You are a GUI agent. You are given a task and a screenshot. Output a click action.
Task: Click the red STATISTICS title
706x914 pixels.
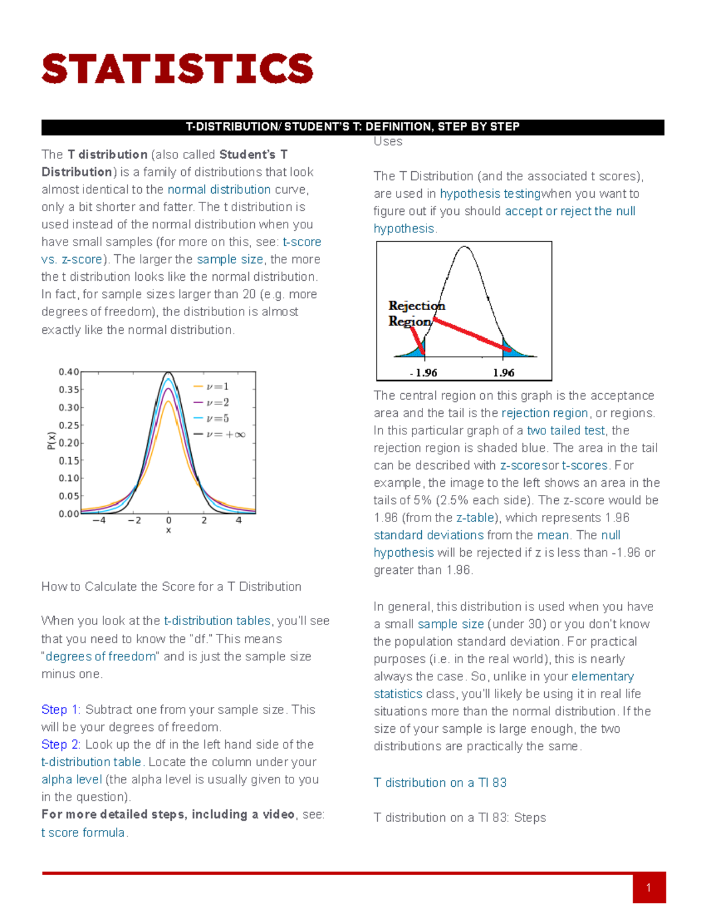177,69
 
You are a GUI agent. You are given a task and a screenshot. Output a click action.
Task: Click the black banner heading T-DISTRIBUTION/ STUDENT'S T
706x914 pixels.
352,127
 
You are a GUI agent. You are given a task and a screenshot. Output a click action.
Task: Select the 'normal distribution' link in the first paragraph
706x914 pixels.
219,190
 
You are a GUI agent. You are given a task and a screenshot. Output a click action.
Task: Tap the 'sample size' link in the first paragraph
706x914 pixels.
229,260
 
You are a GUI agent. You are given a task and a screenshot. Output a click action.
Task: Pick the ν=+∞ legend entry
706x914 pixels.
225,434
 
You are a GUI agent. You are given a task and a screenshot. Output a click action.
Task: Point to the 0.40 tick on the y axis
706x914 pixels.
68,372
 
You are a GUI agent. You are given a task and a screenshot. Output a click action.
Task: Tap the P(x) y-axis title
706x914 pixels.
51,441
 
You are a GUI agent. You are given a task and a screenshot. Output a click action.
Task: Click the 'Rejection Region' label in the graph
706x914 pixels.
415,313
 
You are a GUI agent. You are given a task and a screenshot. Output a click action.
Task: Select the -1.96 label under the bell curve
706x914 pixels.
424,373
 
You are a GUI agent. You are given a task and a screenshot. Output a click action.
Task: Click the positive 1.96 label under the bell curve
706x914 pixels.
504,373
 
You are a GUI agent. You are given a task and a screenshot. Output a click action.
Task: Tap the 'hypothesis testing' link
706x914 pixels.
489,194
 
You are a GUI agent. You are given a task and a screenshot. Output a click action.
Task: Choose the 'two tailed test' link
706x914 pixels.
566,431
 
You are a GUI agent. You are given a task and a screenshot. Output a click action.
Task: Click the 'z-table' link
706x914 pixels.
475,518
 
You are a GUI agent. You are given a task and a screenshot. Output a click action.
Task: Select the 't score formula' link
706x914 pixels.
83,833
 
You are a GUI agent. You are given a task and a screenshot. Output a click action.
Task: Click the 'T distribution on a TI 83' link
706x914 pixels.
440,783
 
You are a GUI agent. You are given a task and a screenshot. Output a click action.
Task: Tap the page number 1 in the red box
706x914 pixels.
648,888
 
